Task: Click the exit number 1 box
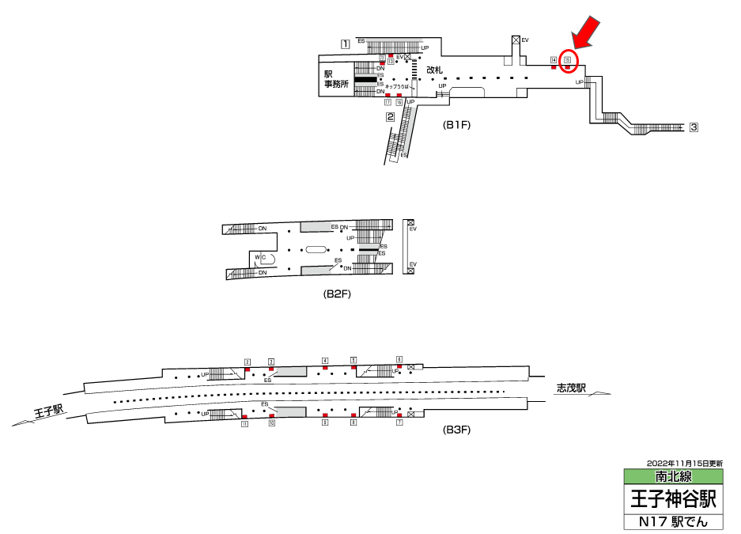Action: pyautogui.click(x=346, y=44)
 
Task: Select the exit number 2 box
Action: pyautogui.click(x=391, y=117)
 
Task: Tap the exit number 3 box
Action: pyautogui.click(x=694, y=127)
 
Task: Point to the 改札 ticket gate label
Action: pyautogui.click(x=435, y=70)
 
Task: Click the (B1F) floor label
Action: pyautogui.click(x=457, y=124)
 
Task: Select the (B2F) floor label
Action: pyautogui.click(x=337, y=294)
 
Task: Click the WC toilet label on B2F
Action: pyautogui.click(x=260, y=257)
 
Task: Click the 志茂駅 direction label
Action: pyautogui.click(x=571, y=388)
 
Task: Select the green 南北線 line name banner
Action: pyautogui.click(x=673, y=477)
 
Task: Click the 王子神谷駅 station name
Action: pyautogui.click(x=673, y=499)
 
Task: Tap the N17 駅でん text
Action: pyautogui.click(x=673, y=522)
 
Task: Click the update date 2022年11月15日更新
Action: pyautogui.click(x=684, y=463)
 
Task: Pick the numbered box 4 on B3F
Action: pyautogui.click(x=325, y=361)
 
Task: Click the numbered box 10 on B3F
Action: pyautogui.click(x=271, y=423)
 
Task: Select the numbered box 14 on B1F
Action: pyautogui.click(x=554, y=60)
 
